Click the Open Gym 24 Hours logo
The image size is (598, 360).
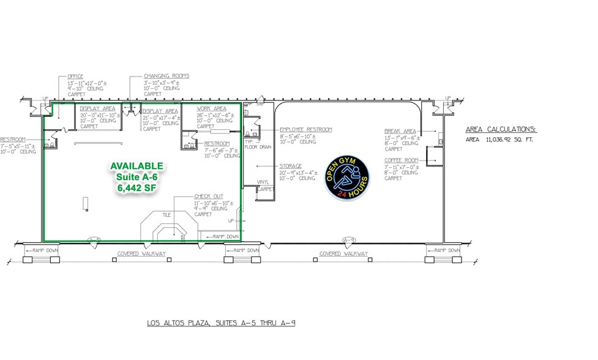tap(346, 179)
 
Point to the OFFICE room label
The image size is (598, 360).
tap(75, 77)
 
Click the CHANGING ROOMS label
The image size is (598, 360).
tap(162, 76)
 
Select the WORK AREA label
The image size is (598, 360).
tap(212, 108)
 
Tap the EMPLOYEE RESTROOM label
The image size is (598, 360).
tap(305, 130)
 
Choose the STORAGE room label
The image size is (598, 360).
tap(291, 166)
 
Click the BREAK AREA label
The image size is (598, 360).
tap(400, 131)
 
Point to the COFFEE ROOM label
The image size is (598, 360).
tap(402, 160)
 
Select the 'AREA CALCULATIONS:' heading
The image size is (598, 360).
tap(501, 130)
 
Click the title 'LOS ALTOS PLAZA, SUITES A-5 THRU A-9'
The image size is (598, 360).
tap(221, 323)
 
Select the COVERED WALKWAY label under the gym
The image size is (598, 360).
tap(343, 253)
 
